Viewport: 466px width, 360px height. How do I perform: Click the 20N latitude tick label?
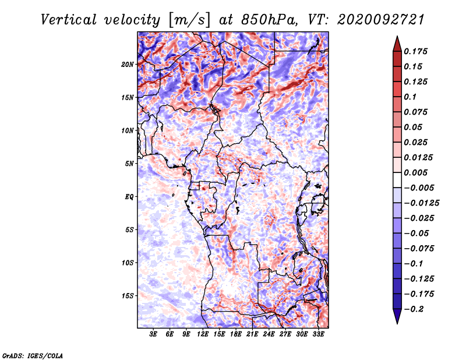[127, 64]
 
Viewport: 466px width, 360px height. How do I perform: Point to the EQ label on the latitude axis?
[129, 196]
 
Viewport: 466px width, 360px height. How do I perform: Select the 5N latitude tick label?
[129, 164]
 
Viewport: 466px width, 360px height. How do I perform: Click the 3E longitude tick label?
[153, 334]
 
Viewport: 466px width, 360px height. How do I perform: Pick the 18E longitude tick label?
[236, 334]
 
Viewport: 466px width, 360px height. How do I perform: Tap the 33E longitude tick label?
[318, 334]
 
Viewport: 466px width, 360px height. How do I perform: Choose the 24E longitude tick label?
[269, 334]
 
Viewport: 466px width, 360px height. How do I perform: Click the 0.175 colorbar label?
[415, 51]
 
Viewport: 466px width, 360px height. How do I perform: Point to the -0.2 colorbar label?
[414, 309]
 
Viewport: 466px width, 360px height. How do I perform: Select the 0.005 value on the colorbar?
[415, 172]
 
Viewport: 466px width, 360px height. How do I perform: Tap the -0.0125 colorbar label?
[421, 203]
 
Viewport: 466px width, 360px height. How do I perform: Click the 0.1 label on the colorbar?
[410, 97]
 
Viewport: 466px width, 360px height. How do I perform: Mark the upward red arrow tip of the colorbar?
[397, 36]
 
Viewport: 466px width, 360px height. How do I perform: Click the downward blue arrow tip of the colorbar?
[397, 323]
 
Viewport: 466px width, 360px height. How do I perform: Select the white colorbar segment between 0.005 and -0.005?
[397, 180]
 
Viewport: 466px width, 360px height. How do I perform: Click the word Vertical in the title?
[69, 20]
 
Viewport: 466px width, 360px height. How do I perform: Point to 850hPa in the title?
[269, 20]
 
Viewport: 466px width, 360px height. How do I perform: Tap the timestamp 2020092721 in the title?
[380, 20]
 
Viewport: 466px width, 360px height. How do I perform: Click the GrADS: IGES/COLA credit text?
[33, 356]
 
